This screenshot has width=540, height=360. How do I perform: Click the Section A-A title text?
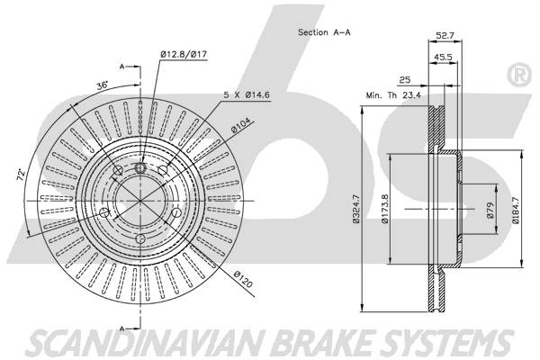(324, 32)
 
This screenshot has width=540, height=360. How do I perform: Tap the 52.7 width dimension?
(445, 35)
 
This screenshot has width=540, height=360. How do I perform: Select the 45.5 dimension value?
(443, 57)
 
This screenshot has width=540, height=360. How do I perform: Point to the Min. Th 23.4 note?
(393, 95)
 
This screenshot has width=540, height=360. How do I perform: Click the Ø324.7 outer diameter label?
(356, 209)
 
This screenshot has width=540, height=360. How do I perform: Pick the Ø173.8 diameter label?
(385, 209)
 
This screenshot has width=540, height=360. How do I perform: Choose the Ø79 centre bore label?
(490, 210)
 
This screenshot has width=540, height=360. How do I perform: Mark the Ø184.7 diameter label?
(516, 210)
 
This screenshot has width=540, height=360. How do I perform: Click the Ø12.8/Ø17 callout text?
(184, 54)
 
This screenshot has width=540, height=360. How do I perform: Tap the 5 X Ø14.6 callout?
(247, 94)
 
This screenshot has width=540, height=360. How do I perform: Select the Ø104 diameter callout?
(242, 126)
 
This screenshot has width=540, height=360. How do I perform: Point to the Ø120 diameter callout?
(243, 279)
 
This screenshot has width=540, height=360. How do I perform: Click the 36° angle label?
(103, 85)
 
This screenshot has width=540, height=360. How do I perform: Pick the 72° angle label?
(21, 175)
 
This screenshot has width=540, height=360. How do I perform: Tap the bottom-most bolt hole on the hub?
(140, 238)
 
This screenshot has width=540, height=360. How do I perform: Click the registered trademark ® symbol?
(519, 76)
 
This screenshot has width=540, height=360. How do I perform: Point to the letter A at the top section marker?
(121, 67)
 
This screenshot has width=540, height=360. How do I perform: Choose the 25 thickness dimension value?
(405, 80)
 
